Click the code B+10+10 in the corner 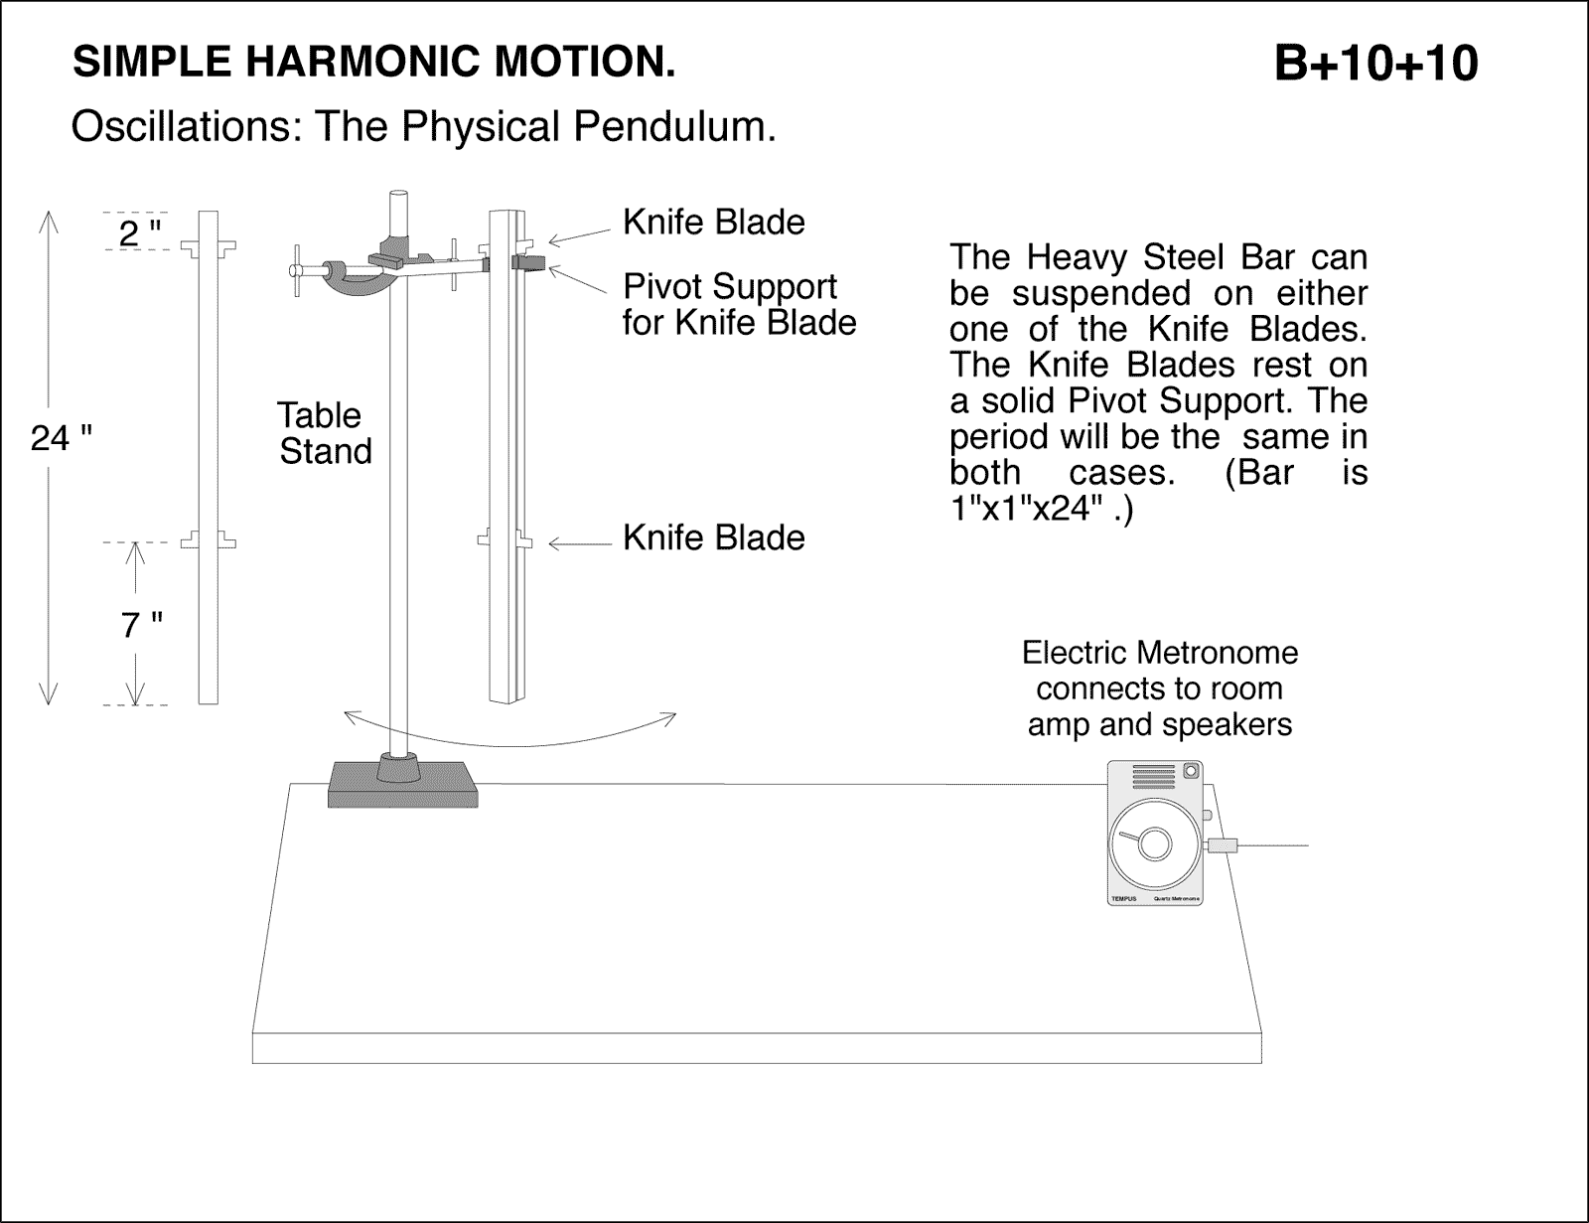point(1374,64)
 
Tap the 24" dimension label point(61,437)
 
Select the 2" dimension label point(139,234)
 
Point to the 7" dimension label point(141,626)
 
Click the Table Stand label point(324,433)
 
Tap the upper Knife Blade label point(713,223)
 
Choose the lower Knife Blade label point(713,537)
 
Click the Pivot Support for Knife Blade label point(739,304)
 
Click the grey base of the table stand point(402,785)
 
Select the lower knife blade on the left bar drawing point(208,540)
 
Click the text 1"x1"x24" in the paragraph point(1040,510)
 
